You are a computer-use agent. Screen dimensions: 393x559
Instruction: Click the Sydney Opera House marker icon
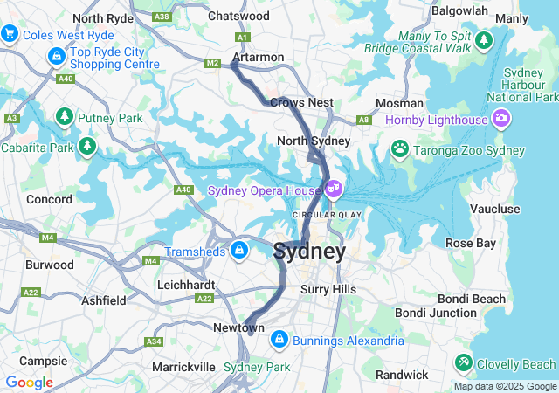tap(333, 188)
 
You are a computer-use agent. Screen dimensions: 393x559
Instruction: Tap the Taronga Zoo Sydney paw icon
tap(400, 148)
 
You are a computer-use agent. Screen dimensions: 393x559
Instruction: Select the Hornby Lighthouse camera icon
tap(501, 117)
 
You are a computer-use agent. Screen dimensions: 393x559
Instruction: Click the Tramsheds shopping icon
tap(238, 252)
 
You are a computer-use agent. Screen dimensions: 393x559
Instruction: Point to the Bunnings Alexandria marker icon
tap(279, 338)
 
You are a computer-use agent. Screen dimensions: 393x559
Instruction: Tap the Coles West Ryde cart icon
tap(10, 34)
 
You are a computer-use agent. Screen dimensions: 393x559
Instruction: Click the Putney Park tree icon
tap(64, 115)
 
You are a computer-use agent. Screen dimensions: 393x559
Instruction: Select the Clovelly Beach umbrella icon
tap(462, 362)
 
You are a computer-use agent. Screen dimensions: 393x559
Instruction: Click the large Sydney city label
tap(309, 252)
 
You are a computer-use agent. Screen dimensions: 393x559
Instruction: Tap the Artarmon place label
tap(258, 58)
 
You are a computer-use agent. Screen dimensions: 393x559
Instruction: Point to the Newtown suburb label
tap(238, 327)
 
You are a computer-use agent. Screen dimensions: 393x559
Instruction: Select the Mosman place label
tap(399, 103)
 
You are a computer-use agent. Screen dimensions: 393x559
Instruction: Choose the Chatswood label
tap(238, 16)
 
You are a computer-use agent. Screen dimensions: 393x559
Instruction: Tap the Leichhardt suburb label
tap(186, 285)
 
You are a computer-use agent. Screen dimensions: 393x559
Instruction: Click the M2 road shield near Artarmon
tap(213, 63)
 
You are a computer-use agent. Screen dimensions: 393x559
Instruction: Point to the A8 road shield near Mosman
tap(363, 121)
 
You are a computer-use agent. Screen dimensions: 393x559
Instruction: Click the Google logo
tap(29, 383)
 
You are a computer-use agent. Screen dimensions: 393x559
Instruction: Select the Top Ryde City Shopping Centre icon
tap(56, 57)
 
